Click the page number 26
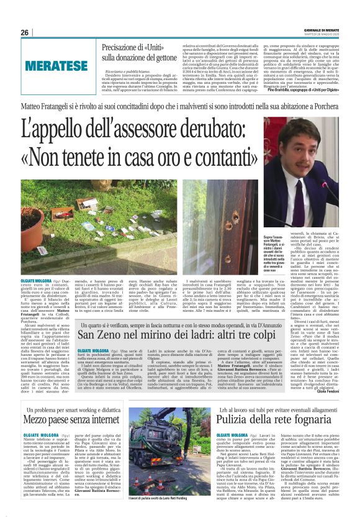click(x=24, y=33)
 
